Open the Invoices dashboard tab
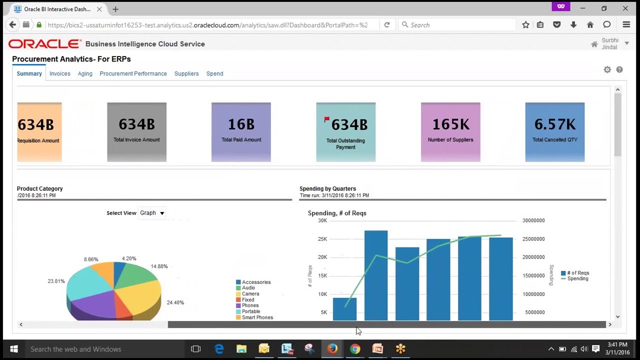click(x=59, y=73)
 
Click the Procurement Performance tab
click(x=133, y=73)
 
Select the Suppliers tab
click(x=186, y=73)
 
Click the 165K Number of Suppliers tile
click(x=450, y=132)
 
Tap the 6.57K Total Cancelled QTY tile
click(x=554, y=132)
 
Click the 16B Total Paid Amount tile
click(x=241, y=132)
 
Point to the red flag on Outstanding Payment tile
click(x=326, y=119)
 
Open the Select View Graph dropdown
click(x=152, y=213)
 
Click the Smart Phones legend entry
click(x=257, y=317)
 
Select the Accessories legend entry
click(x=256, y=282)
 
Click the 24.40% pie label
click(x=175, y=302)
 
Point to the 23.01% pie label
click(x=56, y=281)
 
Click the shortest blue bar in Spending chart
click(x=344, y=308)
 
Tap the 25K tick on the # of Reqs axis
click(x=322, y=239)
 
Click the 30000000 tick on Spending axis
click(x=533, y=220)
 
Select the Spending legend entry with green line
click(x=577, y=278)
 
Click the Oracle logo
click(x=44, y=44)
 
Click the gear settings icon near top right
click(x=607, y=70)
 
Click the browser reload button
click(x=386, y=24)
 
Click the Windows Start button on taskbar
click(x=13, y=349)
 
